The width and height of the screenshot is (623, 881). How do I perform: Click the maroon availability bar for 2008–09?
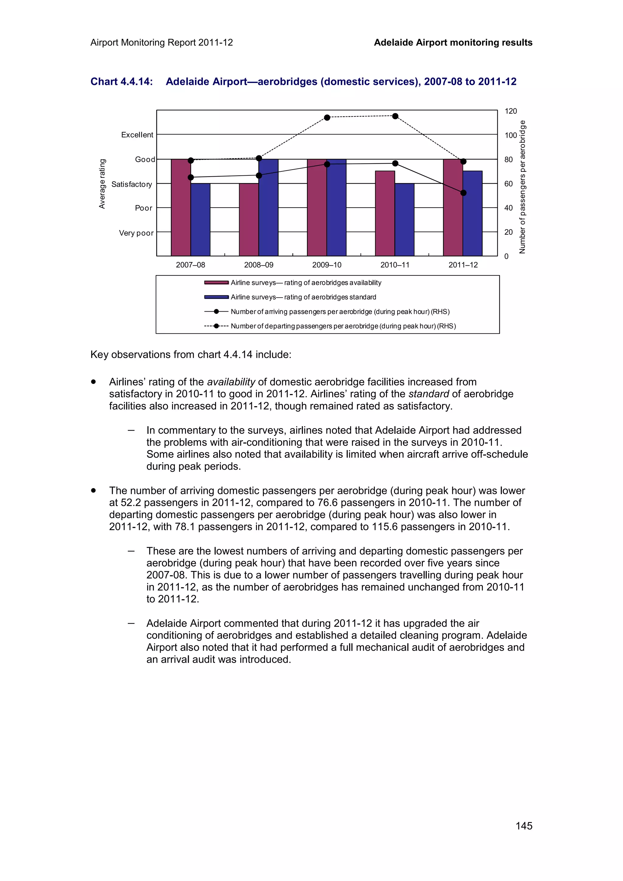(x=249, y=219)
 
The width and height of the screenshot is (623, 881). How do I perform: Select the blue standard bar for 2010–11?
(x=404, y=219)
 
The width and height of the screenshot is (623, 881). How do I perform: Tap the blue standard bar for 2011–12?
(x=472, y=213)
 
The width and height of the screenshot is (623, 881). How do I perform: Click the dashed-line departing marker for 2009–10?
(x=327, y=117)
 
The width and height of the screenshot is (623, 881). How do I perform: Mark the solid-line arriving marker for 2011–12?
(x=463, y=193)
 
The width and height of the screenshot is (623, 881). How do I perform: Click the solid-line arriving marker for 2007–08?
(x=190, y=177)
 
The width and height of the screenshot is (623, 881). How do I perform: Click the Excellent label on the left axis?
(x=137, y=135)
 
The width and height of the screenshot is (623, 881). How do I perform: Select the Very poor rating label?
(x=136, y=233)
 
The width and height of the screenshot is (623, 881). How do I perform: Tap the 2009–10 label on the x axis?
(x=327, y=265)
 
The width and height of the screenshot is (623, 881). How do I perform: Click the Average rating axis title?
(x=102, y=184)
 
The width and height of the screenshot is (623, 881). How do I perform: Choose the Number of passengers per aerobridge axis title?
(x=522, y=187)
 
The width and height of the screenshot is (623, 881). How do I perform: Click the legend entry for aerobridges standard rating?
(x=303, y=297)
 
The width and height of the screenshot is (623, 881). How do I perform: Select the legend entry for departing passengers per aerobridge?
(x=343, y=326)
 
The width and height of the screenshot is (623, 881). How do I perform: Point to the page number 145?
(x=524, y=826)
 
